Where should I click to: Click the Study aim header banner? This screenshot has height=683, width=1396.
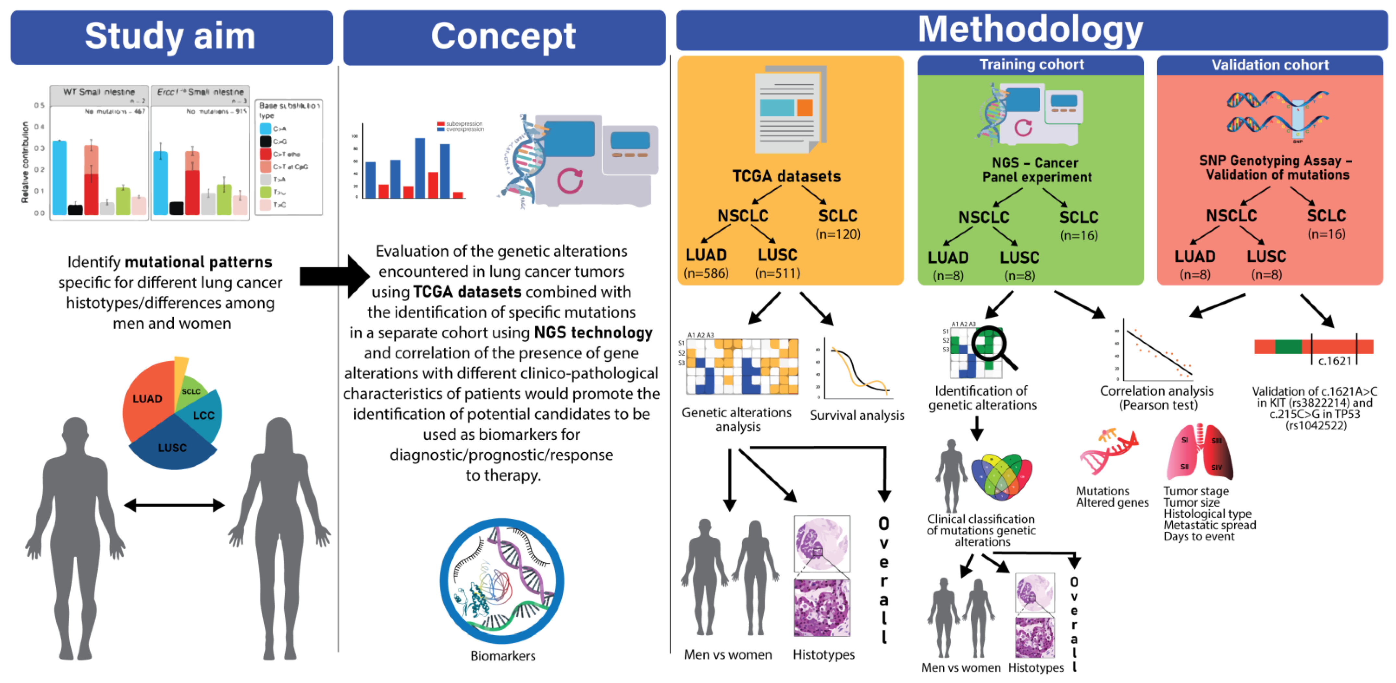coord(171,37)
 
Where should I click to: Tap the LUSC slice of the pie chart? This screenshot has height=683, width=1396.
coord(172,447)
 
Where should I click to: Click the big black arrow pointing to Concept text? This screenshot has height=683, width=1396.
coord(334,276)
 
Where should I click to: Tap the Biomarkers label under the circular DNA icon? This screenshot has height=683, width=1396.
coord(502,656)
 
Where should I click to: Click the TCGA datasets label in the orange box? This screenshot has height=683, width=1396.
coord(786,176)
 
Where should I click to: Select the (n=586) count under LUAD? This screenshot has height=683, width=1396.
coord(706,273)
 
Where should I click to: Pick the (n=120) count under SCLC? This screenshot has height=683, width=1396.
coord(838,234)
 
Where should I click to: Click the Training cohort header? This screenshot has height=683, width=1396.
coord(1031,65)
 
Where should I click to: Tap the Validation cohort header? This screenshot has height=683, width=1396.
coord(1270,65)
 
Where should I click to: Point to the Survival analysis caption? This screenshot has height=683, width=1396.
coord(857,415)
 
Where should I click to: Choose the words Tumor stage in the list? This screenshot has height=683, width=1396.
coord(1196,491)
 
